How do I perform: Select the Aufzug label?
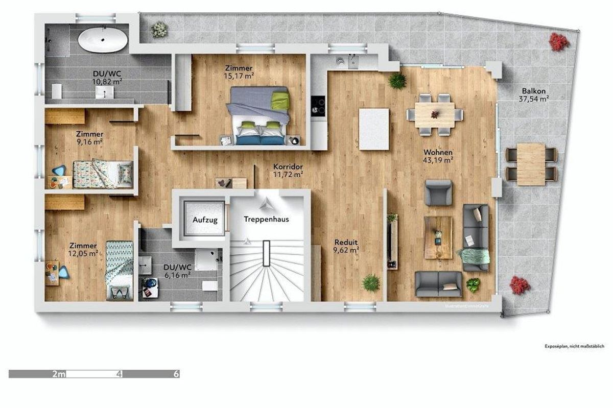205,220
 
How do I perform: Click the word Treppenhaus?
266,220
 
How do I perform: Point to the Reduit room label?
346,242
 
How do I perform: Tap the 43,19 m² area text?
438,160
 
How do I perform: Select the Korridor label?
289,167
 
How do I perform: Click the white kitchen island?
374,129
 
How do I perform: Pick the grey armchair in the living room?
439,193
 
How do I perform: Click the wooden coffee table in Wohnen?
438,237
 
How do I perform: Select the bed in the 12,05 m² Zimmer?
119,270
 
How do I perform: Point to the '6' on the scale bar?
177,374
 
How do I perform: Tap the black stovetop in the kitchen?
319,104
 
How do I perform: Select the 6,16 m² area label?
177,274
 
